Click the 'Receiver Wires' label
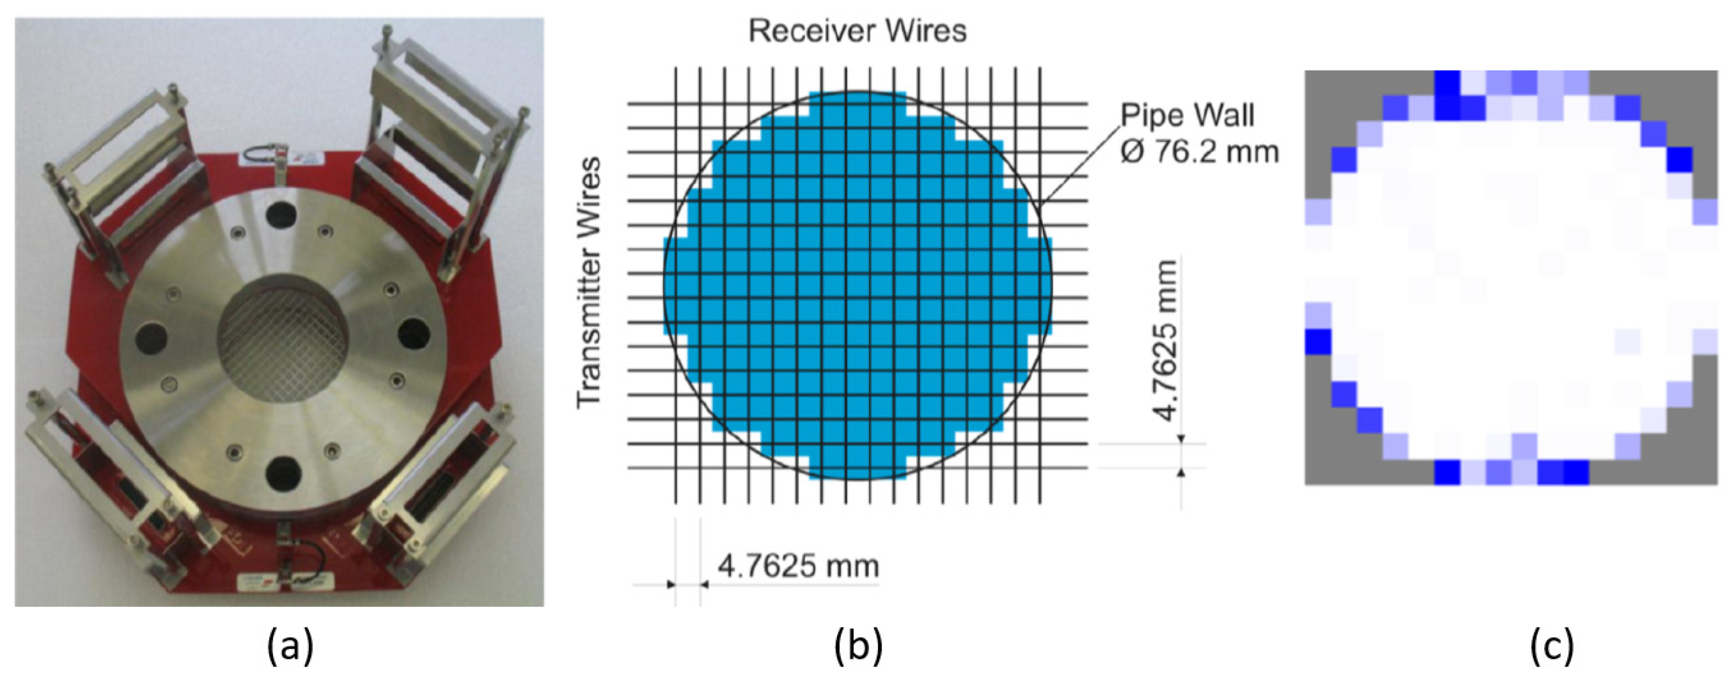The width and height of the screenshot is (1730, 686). [858, 31]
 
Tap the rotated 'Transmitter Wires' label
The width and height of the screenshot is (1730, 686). [589, 282]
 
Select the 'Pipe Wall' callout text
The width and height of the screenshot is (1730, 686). [1187, 115]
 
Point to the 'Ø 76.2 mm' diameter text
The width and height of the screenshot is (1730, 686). [1199, 151]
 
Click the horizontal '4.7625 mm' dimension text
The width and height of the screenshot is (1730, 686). [798, 566]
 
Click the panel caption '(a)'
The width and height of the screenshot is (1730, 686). [290, 648]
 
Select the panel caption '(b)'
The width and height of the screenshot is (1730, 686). [858, 648]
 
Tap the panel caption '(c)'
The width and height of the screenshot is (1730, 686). [1552, 648]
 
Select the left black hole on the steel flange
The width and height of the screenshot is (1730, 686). [152, 337]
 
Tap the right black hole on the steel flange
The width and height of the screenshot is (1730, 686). [412, 334]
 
